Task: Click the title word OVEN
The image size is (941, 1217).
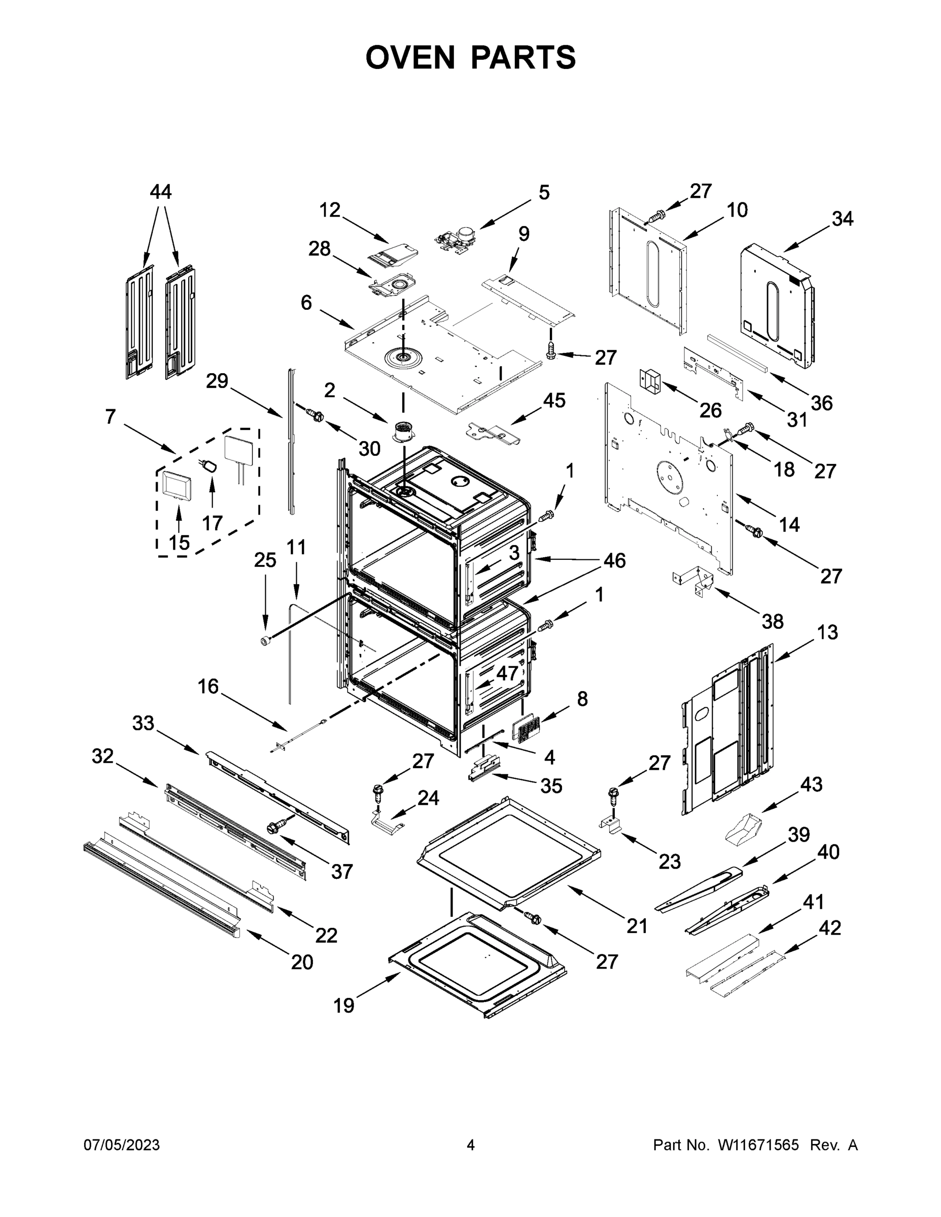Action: click(x=410, y=57)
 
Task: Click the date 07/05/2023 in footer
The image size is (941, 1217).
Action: click(x=122, y=1144)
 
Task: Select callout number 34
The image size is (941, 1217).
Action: click(x=842, y=219)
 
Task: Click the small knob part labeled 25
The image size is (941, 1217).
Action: click(x=265, y=641)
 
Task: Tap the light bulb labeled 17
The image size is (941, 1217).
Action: click(x=210, y=467)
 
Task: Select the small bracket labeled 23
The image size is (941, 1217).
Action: click(x=611, y=825)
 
